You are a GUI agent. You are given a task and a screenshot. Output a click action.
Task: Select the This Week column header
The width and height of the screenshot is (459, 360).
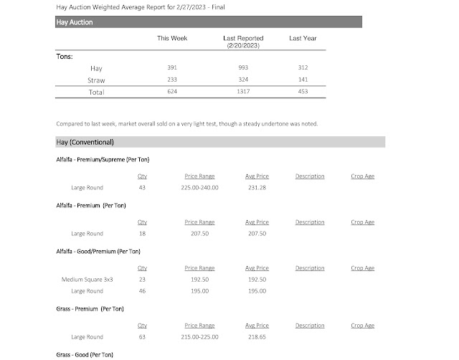click(x=172, y=39)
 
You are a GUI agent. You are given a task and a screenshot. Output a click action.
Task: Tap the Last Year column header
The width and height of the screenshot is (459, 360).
click(x=302, y=39)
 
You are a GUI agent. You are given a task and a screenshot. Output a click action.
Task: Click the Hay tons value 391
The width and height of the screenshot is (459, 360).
click(x=172, y=68)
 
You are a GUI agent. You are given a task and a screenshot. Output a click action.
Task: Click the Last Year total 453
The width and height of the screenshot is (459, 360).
click(x=302, y=92)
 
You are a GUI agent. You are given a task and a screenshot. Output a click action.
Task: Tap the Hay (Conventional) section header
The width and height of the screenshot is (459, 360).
click(x=85, y=142)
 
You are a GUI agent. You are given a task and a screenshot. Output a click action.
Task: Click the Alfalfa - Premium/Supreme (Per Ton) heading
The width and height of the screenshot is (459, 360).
click(x=102, y=159)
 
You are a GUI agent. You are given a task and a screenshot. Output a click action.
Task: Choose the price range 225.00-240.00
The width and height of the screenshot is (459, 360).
click(x=199, y=188)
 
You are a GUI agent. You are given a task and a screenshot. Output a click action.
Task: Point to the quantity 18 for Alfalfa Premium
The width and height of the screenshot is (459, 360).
click(x=142, y=234)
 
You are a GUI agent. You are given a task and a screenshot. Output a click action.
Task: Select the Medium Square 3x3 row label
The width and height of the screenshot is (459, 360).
click(x=87, y=280)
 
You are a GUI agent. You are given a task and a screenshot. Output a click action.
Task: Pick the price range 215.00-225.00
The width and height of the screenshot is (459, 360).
click(x=199, y=336)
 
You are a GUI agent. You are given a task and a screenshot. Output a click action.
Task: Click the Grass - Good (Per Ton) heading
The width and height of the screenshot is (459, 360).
click(x=84, y=355)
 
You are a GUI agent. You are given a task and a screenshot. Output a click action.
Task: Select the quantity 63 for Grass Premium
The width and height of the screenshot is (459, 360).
click(x=142, y=336)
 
